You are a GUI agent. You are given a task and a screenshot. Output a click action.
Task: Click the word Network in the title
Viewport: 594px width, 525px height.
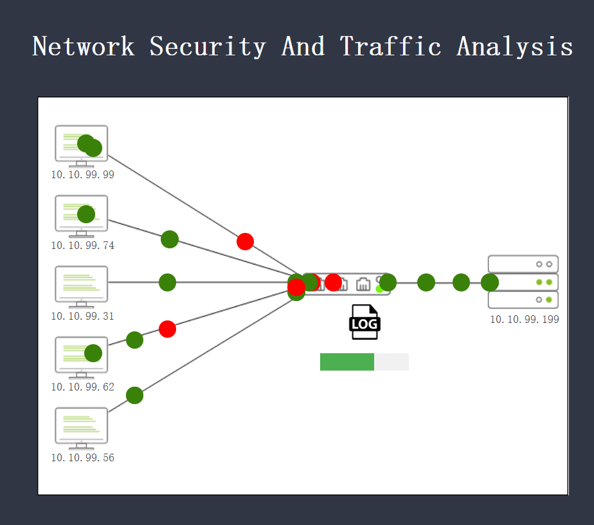(x=84, y=46)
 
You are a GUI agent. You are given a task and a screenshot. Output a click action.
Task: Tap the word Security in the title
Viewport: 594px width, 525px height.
(x=208, y=46)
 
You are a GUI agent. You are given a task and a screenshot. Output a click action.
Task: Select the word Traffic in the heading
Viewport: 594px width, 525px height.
(x=391, y=46)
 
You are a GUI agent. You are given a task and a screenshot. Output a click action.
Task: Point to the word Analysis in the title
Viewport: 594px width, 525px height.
(x=514, y=46)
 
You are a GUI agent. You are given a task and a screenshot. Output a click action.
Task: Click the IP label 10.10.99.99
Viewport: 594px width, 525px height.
(x=83, y=175)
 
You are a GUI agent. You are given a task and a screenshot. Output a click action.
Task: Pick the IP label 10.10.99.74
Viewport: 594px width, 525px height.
(x=83, y=246)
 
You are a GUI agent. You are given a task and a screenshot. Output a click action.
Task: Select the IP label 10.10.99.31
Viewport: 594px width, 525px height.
(x=83, y=317)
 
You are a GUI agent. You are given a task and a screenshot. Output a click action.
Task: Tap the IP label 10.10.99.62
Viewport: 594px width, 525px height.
(x=83, y=387)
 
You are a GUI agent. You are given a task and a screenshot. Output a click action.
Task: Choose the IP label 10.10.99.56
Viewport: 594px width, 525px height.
(x=83, y=458)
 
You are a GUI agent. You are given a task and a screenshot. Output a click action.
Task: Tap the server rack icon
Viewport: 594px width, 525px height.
(x=523, y=282)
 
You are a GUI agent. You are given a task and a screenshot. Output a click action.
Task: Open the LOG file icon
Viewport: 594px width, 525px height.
(x=364, y=322)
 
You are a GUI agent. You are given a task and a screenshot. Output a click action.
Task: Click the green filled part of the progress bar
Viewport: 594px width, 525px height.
(x=347, y=362)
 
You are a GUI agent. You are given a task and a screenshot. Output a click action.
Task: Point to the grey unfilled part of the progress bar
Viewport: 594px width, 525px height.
(x=392, y=362)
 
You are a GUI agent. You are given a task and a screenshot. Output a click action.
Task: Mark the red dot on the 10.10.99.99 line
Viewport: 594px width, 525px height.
(x=245, y=241)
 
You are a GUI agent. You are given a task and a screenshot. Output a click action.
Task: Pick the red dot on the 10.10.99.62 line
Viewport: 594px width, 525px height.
(x=167, y=329)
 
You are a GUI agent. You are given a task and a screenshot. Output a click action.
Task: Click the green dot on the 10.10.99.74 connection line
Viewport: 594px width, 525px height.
(x=170, y=239)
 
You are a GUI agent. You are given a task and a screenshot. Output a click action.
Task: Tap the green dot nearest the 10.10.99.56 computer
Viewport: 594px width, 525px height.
(x=134, y=395)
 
